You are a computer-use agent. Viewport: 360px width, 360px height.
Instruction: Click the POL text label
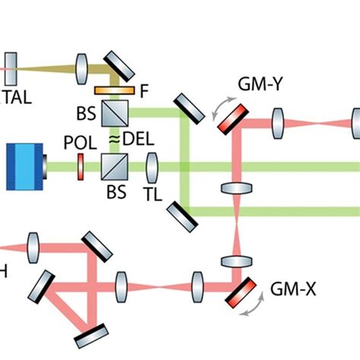(79, 141)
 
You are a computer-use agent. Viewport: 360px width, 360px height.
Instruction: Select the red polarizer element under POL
(79, 166)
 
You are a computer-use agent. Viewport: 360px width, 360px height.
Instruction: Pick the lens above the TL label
(152, 165)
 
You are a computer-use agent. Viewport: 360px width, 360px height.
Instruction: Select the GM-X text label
(287, 289)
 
